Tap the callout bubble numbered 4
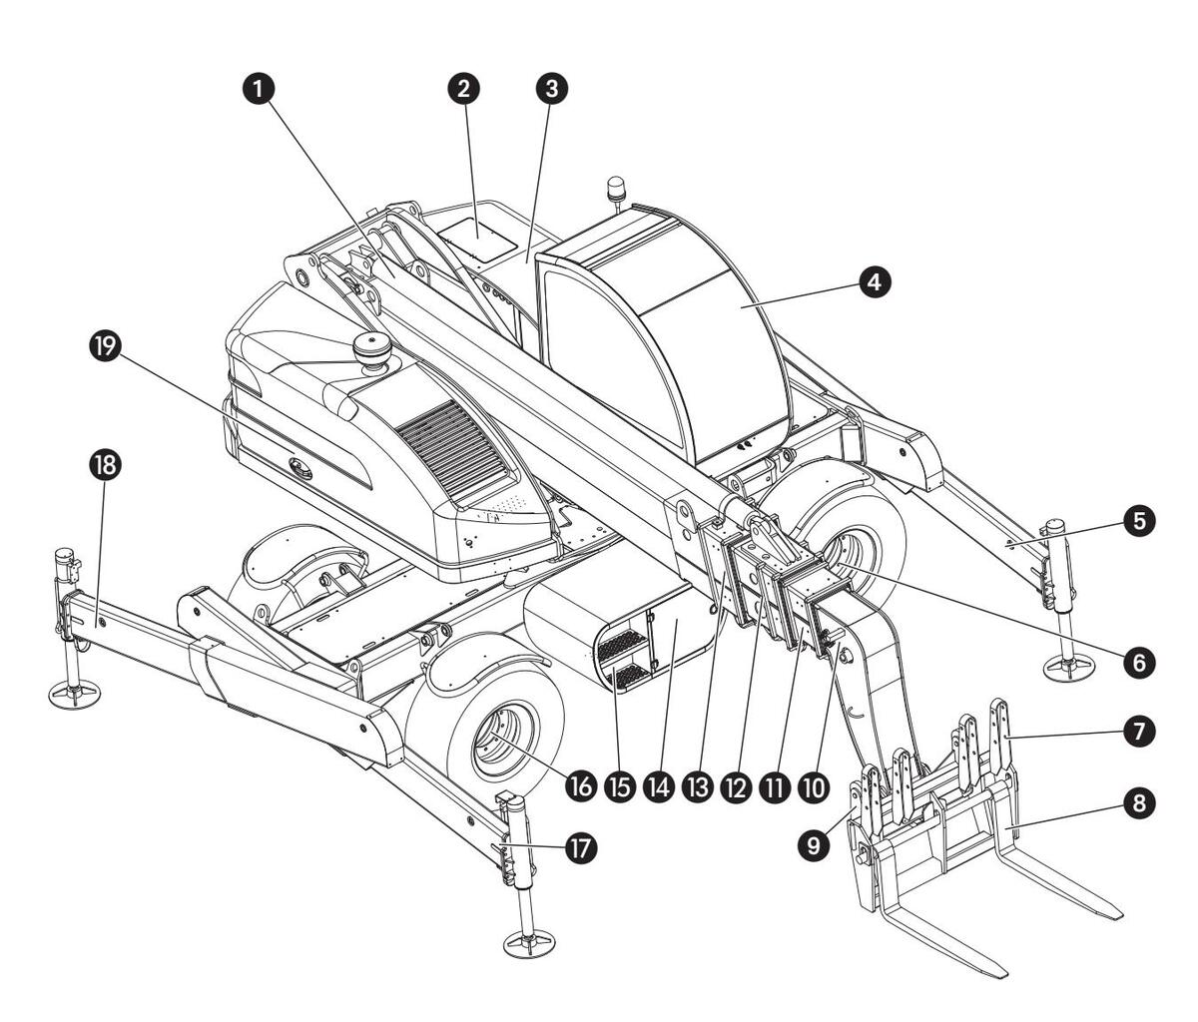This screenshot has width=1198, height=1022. pos(875,282)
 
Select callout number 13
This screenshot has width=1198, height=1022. pos(697,785)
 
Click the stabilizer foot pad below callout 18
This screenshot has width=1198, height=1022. pos(75,691)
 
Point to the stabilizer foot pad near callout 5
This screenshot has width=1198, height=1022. pos(1068,668)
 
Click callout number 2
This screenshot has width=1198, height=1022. pos(462,88)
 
